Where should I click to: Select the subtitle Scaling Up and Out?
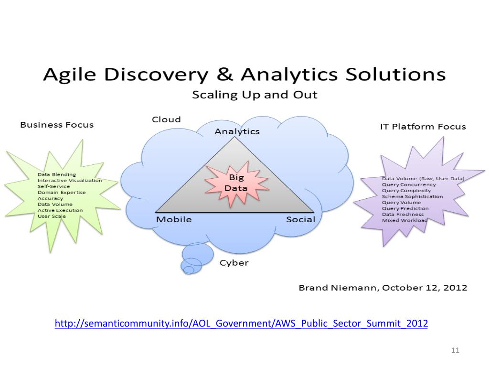point(255,95)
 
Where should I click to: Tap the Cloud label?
point(166,119)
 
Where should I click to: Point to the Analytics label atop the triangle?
point(237,131)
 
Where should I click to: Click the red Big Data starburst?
point(236,183)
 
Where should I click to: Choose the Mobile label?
point(174,219)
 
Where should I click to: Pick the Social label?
point(300,219)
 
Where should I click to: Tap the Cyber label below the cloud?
point(234,263)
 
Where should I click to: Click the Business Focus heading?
point(56,125)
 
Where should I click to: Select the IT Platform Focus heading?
point(423,127)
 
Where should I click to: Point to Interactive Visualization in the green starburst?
point(70,181)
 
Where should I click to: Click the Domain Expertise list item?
point(62,193)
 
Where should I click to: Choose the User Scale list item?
point(52,216)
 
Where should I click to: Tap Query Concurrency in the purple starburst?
point(409,184)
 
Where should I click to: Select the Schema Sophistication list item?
point(412,196)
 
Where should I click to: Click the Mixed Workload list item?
point(404,220)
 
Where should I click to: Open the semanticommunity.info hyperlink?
point(241,324)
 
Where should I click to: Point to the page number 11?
point(455,351)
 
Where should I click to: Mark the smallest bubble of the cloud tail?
point(189,270)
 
